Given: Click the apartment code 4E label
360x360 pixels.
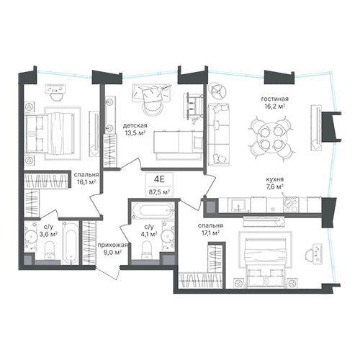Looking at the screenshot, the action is [159, 179].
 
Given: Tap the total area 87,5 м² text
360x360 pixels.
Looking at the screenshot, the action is [159, 192].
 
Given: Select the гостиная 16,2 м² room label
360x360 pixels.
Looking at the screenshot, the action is [274, 102].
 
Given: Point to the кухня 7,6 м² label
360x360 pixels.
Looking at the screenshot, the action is [275, 183].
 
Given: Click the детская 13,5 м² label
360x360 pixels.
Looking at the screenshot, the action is [135, 129].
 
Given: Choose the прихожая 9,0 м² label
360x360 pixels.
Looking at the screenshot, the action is [112, 248].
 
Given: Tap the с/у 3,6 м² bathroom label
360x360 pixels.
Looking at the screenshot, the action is [49, 230].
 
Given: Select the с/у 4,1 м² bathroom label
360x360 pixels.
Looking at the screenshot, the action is [148, 230].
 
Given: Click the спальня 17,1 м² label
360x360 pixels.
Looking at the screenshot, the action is [210, 229].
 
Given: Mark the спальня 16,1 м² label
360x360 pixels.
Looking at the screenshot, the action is [86, 179].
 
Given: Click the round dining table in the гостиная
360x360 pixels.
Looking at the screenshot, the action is [271, 138].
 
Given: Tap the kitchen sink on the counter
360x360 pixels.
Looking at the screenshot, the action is [238, 204].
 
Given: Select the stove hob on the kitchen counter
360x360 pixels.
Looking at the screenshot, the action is [291, 204].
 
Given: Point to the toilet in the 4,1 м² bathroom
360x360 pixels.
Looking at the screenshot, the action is [147, 250].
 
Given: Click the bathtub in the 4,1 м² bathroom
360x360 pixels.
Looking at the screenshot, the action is [153, 210].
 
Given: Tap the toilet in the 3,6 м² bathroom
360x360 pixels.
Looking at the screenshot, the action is [50, 250].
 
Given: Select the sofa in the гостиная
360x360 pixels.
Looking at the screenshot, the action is [219, 135].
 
